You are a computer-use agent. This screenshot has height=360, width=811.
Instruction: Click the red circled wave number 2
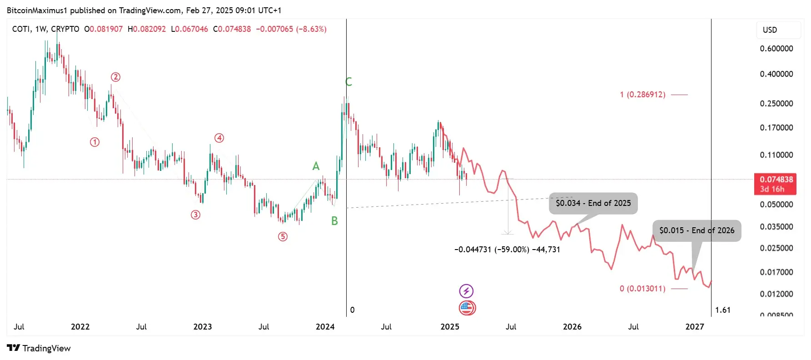(115, 77)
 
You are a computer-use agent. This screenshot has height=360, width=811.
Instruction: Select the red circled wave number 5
(283, 236)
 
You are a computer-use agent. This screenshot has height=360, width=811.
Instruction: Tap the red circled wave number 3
(195, 215)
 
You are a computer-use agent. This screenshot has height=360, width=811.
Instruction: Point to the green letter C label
(348, 82)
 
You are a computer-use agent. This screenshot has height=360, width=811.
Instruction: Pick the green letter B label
(334, 221)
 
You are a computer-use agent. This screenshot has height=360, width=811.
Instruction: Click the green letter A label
(316, 166)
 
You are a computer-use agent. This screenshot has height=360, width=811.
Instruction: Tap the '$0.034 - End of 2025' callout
(593, 203)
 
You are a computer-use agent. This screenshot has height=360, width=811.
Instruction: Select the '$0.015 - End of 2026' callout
(697, 230)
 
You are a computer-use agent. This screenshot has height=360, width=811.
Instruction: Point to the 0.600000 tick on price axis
(776, 49)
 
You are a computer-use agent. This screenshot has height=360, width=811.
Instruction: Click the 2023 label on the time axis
(203, 326)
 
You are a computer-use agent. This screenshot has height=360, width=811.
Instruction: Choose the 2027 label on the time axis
(695, 326)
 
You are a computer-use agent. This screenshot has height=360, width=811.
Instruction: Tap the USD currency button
(770, 30)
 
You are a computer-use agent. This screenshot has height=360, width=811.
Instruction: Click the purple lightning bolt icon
(467, 290)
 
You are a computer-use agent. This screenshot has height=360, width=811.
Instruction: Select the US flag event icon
(467, 308)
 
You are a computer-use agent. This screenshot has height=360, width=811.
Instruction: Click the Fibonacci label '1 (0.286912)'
(642, 95)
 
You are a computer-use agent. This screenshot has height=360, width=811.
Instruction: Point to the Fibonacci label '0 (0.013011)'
(642, 289)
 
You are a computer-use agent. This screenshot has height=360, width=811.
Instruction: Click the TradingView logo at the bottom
(39, 348)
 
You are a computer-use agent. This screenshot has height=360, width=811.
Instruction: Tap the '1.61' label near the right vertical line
(722, 310)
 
